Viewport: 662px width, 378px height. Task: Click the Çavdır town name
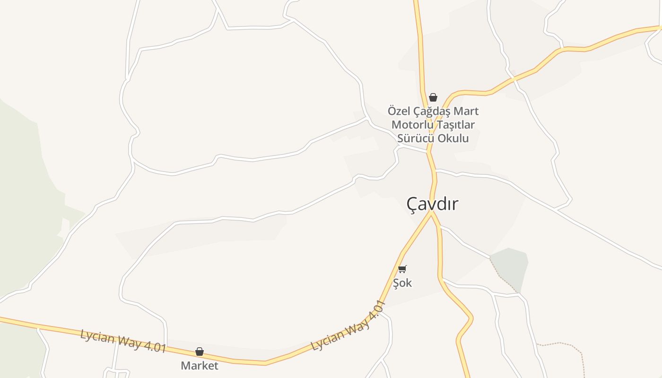(432, 204)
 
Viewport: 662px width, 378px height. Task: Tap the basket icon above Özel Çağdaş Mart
(433, 97)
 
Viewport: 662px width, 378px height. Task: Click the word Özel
(399, 111)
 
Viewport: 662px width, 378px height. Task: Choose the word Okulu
(453, 138)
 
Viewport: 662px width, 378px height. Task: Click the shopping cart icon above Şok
(402, 269)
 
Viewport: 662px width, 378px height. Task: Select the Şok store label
(402, 283)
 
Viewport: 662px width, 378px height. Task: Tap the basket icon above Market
(200, 352)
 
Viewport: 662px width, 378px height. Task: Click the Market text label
(200, 365)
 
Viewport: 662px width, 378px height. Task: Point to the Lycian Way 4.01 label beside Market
(123, 341)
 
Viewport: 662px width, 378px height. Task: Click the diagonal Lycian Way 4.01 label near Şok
(349, 326)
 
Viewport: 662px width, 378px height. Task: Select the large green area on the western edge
(24, 198)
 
